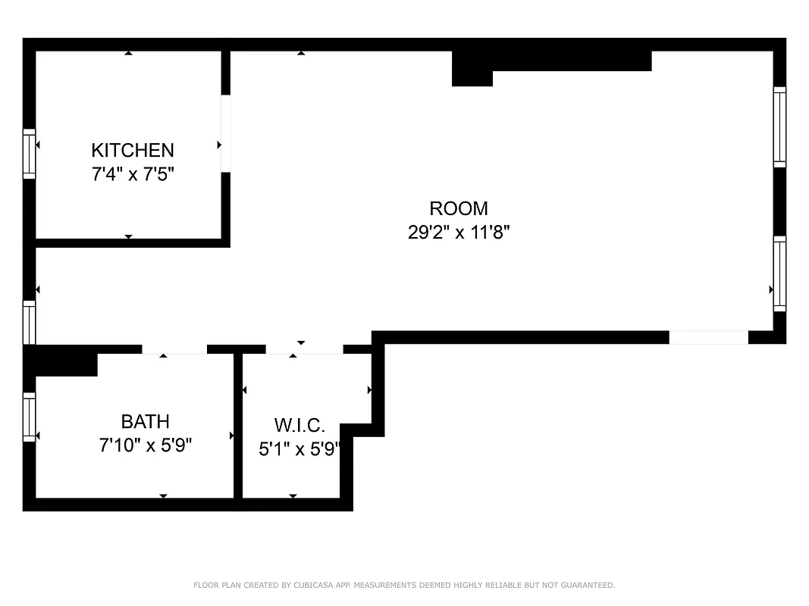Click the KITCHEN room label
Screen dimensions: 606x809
[133, 150]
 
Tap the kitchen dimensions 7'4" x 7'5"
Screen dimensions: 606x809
[133, 174]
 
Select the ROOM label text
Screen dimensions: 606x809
[459, 208]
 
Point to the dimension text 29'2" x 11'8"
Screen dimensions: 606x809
[459, 233]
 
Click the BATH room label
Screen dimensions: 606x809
[146, 421]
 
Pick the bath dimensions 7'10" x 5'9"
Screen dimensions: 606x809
[146, 445]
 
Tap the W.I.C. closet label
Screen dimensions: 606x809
[299, 425]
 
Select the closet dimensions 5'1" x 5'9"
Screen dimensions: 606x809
[299, 449]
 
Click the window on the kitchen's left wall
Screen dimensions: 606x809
[30, 154]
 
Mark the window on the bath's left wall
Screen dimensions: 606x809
[30, 417]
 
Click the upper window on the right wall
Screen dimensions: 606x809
[779, 127]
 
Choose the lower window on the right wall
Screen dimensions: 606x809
[779, 274]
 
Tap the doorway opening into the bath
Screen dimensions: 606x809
[174, 349]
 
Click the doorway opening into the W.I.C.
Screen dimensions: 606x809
[304, 349]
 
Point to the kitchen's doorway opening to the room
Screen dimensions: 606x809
[226, 133]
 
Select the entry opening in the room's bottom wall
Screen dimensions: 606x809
[708, 338]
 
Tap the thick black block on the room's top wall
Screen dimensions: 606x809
[551, 61]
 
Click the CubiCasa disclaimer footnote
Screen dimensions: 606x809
[404, 585]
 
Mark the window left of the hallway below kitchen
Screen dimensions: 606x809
[30, 322]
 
